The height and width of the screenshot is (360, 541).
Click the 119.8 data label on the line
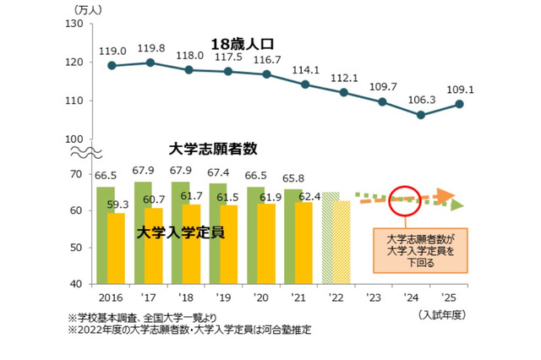pyautogui.click(x=149, y=48)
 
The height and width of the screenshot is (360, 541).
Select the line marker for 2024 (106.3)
pyautogui.click(x=420, y=115)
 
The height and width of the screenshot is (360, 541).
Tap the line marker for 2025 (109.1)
pyautogui.click(x=457, y=104)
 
